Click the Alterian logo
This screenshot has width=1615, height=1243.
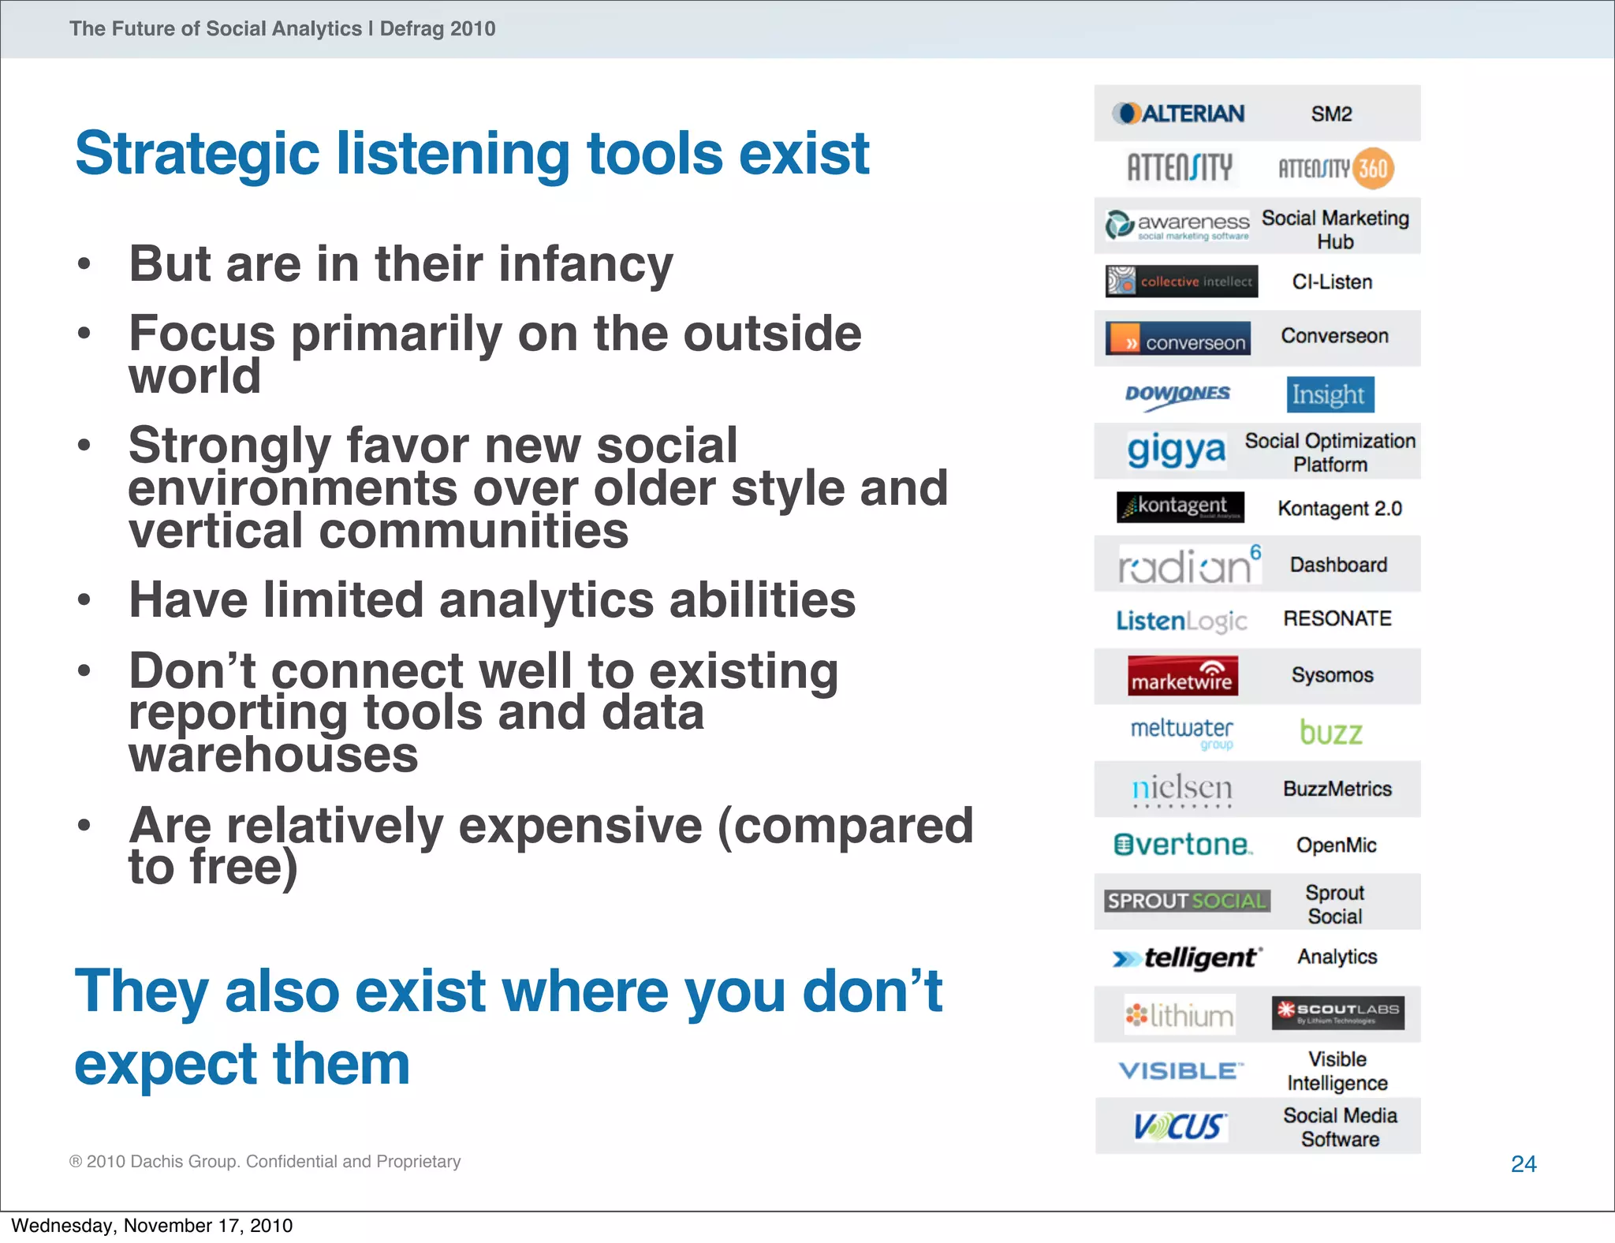point(1178,114)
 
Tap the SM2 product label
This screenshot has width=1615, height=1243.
point(1331,114)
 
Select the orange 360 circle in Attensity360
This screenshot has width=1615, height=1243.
point(1373,169)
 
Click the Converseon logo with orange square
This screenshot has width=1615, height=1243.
point(1177,338)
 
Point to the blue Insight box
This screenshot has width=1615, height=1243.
point(1330,394)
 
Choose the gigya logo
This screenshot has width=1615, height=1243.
point(1176,450)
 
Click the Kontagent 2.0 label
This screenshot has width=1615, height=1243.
point(1339,509)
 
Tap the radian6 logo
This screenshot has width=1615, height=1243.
point(1188,565)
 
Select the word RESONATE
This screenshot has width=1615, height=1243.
point(1337,619)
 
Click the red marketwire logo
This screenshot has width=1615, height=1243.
point(1182,676)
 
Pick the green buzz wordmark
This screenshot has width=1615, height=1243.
point(1330,733)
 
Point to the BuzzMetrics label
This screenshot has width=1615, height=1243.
point(1337,789)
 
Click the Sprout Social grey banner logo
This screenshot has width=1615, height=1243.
point(1186,901)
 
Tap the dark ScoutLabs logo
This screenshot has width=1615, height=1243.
point(1337,1013)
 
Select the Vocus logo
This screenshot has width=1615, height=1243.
point(1180,1126)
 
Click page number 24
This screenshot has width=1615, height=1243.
point(1523,1164)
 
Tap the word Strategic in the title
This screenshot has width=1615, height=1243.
point(197,154)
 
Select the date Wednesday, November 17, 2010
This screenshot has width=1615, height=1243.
point(151,1226)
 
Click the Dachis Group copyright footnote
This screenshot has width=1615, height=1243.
point(265,1162)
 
